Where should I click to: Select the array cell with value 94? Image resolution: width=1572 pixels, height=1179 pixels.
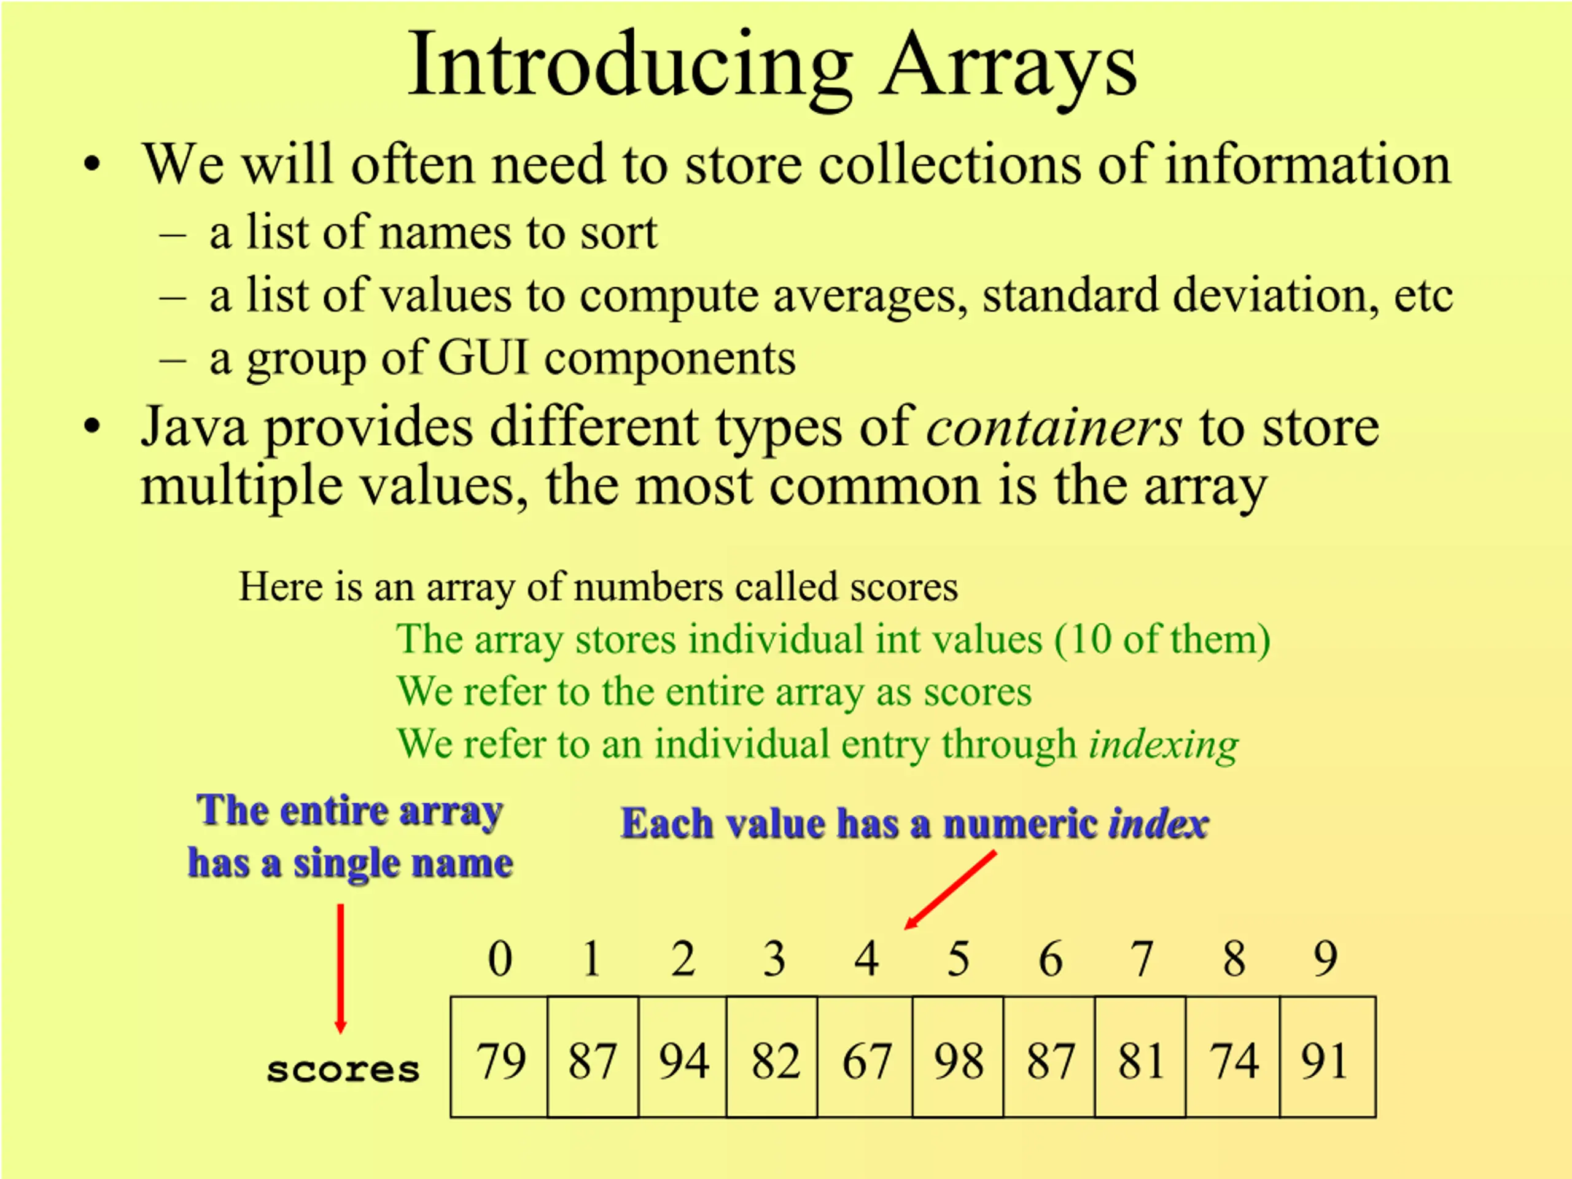(x=682, y=1057)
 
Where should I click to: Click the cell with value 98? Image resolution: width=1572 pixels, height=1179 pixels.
(x=958, y=1057)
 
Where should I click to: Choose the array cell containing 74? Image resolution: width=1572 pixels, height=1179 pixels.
(x=1233, y=1057)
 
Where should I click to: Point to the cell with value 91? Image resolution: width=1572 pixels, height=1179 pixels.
(x=1328, y=1057)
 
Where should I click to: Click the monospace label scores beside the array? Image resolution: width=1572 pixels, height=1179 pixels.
(x=343, y=1070)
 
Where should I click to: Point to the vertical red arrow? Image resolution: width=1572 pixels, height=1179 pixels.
(x=340, y=968)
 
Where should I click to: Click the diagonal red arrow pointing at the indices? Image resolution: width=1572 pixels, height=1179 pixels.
(x=950, y=890)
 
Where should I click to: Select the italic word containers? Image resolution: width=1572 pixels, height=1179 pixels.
(x=1054, y=427)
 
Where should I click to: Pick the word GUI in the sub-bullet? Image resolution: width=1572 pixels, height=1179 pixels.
(x=483, y=357)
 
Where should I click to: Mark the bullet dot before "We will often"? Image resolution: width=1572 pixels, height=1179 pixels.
(x=92, y=165)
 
